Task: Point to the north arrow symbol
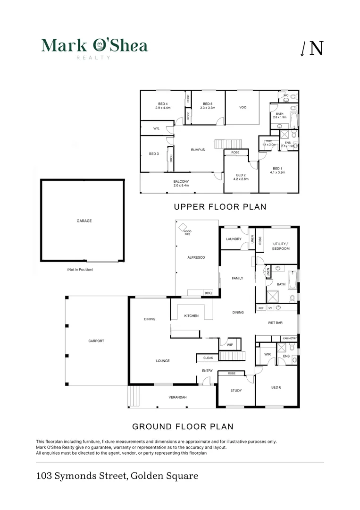pos(302,49)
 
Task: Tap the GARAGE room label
pos(84,221)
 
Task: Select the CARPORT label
pos(96,341)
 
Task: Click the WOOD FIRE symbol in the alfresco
pos(183,227)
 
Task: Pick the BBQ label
pos(208,293)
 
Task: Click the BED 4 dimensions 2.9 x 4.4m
pos(163,108)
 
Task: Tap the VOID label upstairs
pos(243,107)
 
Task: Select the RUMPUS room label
pos(198,150)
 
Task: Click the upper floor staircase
pos(228,144)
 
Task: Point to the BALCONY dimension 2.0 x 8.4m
pos(181,186)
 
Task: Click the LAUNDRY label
pos(234,239)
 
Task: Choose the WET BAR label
pos(275,323)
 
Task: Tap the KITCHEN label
pos(192,316)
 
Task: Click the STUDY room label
pos(236,391)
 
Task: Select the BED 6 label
pos(276,387)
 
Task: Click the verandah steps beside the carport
pos(134,396)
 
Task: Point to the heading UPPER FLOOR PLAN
pos(220,207)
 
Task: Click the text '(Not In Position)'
pos(80,269)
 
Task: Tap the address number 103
pos(44,476)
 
